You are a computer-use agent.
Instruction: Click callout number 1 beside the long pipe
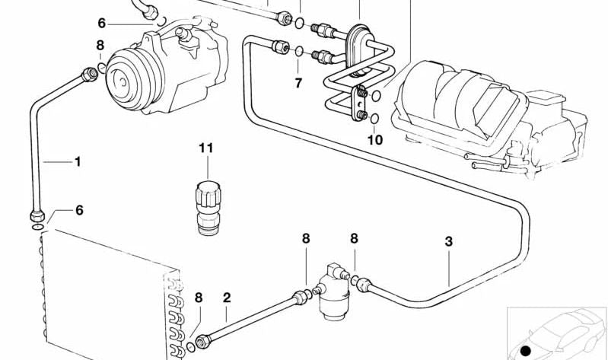pos(77,161)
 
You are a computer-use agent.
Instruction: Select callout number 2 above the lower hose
pos(226,297)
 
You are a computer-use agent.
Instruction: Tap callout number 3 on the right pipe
pos(449,241)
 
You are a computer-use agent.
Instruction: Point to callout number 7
pos(298,81)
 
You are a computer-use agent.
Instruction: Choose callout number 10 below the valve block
pos(375,139)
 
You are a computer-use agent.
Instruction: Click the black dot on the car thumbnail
pos(524,349)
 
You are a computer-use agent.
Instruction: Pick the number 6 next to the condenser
pos(78,211)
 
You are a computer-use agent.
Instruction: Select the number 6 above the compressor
pos(101,24)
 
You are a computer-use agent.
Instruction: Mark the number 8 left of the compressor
pos(100,46)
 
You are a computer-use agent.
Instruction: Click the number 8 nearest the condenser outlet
pos(198,298)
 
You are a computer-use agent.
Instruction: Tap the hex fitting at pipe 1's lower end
pos(36,214)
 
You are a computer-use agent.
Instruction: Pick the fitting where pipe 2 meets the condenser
pos(202,342)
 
